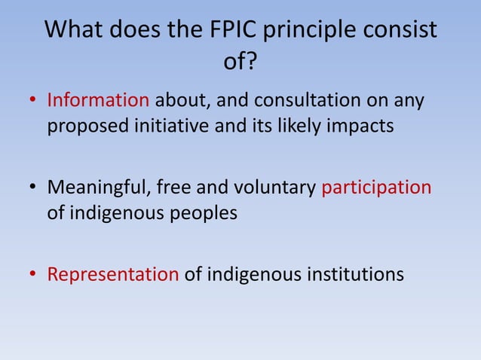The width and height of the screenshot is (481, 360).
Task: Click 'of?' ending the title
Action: tap(240, 63)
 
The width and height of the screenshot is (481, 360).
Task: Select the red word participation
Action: tap(376, 187)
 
